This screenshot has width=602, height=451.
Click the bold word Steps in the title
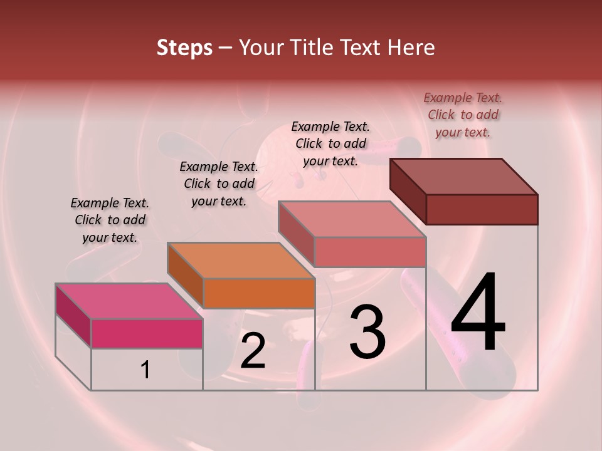point(184,48)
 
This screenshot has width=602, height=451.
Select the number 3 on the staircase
point(367,331)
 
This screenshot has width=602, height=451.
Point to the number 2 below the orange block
point(253,351)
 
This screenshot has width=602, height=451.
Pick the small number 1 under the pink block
point(145,370)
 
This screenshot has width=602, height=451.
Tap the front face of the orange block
point(259,293)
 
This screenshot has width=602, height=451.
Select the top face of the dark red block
point(463,176)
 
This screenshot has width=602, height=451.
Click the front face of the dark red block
point(482,209)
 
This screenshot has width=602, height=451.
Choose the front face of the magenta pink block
point(147,333)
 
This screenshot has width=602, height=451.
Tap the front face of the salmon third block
point(370,252)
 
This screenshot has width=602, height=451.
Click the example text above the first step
point(110,220)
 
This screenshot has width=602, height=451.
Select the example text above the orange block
point(219,184)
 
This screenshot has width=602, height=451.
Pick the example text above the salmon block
point(330,143)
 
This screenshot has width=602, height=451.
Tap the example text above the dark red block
point(463,115)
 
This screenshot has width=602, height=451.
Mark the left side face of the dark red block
point(408,192)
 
